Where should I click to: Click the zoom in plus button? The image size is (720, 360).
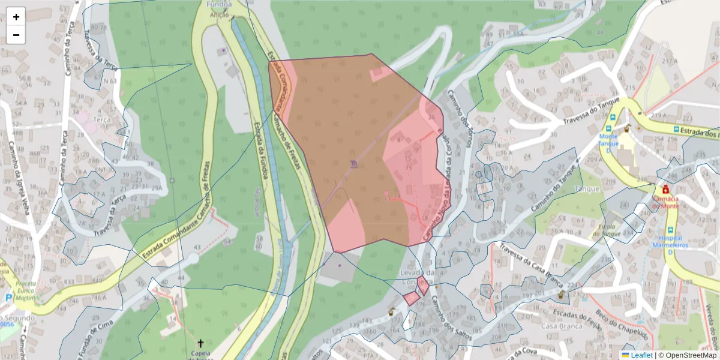16,17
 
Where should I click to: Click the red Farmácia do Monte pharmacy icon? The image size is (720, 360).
665,189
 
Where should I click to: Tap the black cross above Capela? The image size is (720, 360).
200,343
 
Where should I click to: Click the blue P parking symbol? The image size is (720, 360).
8,298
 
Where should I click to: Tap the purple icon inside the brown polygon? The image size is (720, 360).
353,163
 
